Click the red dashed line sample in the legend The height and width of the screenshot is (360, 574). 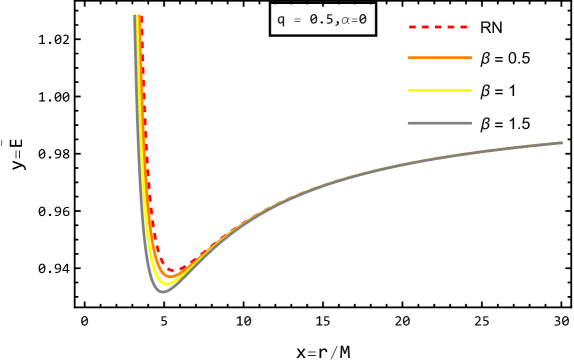[x=438, y=27]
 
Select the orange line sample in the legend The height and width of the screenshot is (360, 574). [x=439, y=58]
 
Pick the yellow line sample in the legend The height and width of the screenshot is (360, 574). [x=439, y=90]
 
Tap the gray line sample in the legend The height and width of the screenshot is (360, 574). [x=439, y=123]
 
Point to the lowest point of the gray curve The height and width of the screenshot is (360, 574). [x=162, y=291]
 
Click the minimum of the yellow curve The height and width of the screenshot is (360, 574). [x=165, y=283]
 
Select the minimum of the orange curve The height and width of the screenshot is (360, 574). [x=168, y=277]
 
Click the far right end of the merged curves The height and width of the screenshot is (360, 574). [x=562, y=143]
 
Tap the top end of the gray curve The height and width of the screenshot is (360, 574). [x=135, y=16]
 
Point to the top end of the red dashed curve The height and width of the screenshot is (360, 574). [x=141, y=16]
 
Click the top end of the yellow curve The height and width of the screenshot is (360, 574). [x=137, y=16]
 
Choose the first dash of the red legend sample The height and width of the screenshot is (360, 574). [x=412, y=27]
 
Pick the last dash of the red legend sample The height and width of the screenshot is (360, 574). [x=463, y=27]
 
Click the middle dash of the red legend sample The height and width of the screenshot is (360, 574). [x=438, y=27]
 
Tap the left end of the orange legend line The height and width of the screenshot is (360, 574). [x=408, y=58]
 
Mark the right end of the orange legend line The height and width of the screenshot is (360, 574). [x=471, y=58]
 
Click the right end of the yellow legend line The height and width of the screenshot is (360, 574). [x=471, y=90]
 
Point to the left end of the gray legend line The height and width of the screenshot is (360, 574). [x=408, y=123]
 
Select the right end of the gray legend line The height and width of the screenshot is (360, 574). [x=471, y=123]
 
